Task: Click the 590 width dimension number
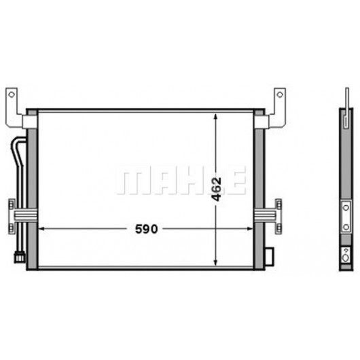147,229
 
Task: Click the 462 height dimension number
216,189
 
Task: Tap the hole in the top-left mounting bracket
12,94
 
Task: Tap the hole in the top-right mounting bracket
280,94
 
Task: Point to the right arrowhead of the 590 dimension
249,229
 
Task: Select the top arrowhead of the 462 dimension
215,116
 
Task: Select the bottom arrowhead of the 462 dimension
215,262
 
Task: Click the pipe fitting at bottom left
20,257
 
